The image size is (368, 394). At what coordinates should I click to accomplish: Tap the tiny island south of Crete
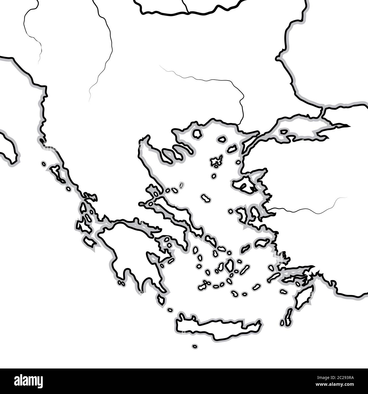tap(194, 346)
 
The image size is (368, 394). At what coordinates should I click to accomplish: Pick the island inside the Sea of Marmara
tap(284, 132)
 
